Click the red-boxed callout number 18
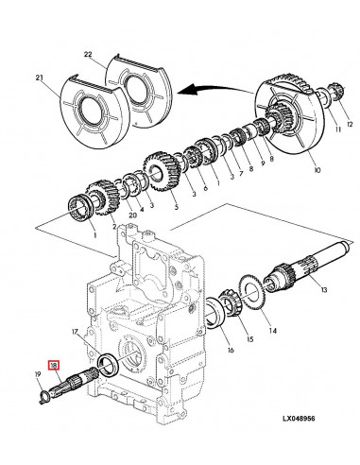click(53, 366)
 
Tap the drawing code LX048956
click(299, 418)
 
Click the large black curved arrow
click(215, 89)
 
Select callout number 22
click(88, 54)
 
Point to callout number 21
click(39, 77)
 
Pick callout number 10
click(317, 170)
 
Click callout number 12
click(350, 125)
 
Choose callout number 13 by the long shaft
click(324, 289)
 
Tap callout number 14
click(273, 331)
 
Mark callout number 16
click(231, 350)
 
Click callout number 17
click(75, 332)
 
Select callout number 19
click(38, 374)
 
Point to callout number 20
click(133, 215)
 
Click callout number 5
click(176, 207)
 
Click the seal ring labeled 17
click(109, 365)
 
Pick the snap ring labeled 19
click(43, 396)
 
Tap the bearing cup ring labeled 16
click(214, 313)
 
